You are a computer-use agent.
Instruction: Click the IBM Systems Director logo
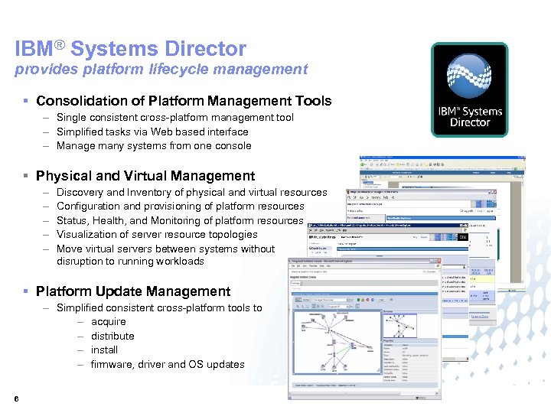469,90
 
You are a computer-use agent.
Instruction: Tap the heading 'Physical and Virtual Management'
145,176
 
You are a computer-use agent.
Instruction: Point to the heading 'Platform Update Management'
132,291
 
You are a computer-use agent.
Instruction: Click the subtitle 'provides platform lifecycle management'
161,70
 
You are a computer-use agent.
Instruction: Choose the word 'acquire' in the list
108,322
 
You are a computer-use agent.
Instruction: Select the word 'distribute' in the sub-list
112,336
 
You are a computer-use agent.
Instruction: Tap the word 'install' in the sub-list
104,350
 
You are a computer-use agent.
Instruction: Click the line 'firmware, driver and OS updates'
168,364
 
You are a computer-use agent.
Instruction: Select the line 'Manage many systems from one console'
154,145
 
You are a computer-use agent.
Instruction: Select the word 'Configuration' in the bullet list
88,206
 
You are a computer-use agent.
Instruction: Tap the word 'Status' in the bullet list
72,220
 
